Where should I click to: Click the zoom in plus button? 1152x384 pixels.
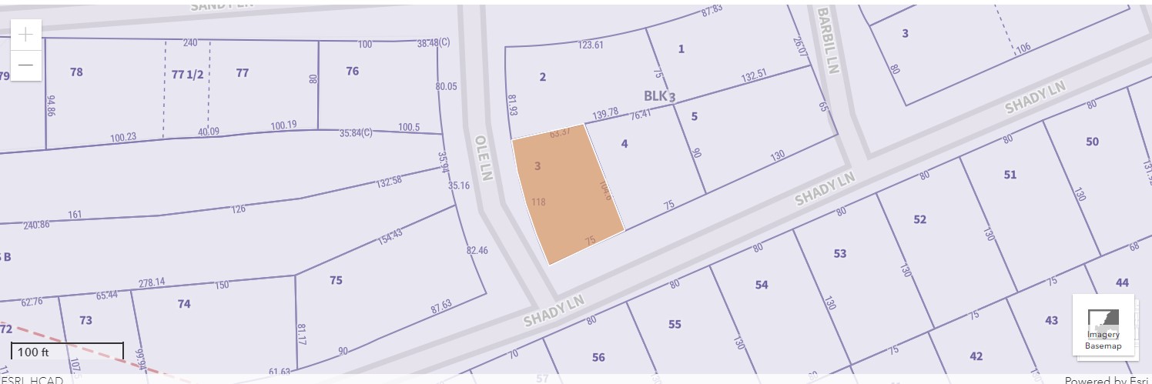pyautogui.click(x=26, y=35)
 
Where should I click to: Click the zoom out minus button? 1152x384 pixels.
pyautogui.click(x=26, y=65)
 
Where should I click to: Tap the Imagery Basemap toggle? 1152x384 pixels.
pyautogui.click(x=1103, y=326)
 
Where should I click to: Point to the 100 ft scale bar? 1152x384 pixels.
pyautogui.click(x=67, y=352)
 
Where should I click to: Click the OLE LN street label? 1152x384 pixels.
pyautogui.click(x=484, y=159)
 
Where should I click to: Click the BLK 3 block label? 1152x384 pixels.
pyautogui.click(x=659, y=96)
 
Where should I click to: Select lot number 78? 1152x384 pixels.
pyautogui.click(x=76, y=72)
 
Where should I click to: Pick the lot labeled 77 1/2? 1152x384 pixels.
pyautogui.click(x=187, y=74)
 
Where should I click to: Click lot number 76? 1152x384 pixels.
pyautogui.click(x=352, y=72)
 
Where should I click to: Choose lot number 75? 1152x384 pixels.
pyautogui.click(x=336, y=280)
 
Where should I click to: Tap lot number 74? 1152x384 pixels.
pyautogui.click(x=184, y=304)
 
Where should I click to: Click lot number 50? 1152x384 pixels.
pyautogui.click(x=1092, y=142)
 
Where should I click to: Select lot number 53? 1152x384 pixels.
pyautogui.click(x=839, y=253)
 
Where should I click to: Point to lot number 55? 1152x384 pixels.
pyautogui.click(x=675, y=324)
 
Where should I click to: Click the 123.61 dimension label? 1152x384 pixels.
pyautogui.click(x=591, y=45)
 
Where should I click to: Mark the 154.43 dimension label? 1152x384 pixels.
pyautogui.click(x=390, y=237)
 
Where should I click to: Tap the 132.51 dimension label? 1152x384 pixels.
pyautogui.click(x=754, y=76)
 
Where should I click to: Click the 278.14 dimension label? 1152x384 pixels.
pyautogui.click(x=151, y=282)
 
